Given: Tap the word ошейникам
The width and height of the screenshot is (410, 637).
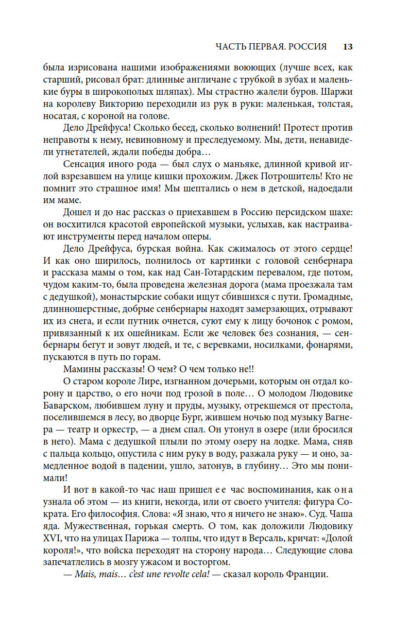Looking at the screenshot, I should point(150,333).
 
